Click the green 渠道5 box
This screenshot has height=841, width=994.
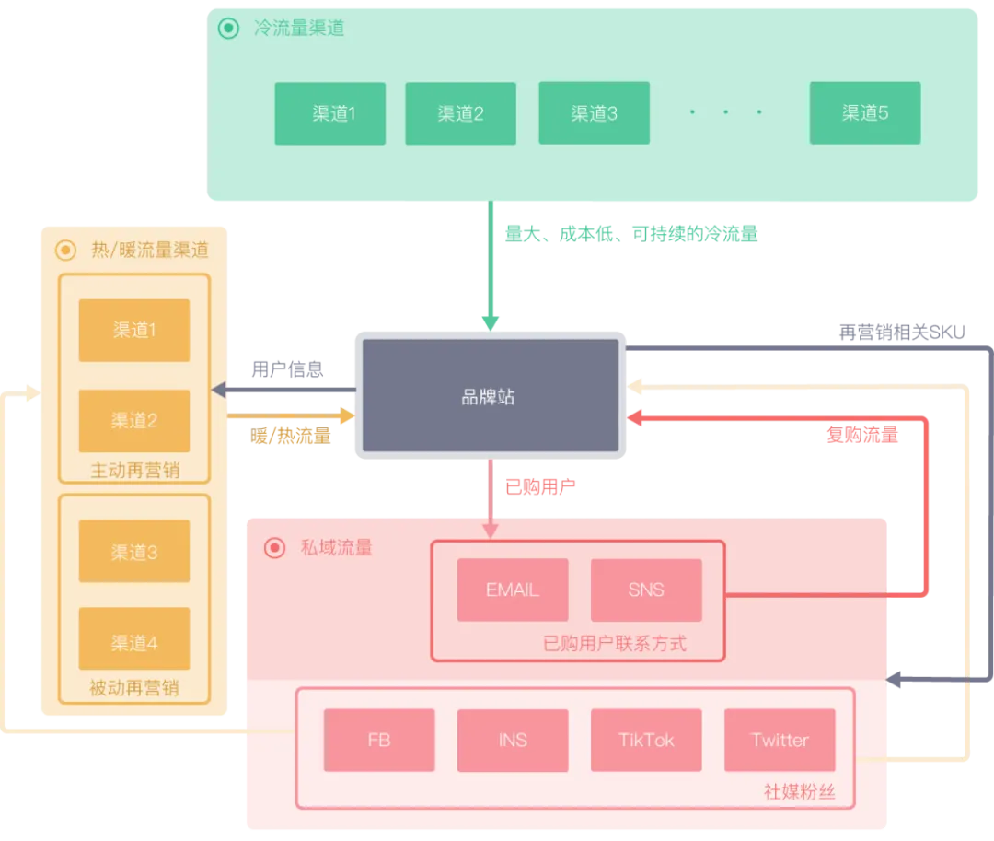[864, 113]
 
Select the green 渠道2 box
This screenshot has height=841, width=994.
[460, 113]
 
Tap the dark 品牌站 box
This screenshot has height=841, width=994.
[491, 395]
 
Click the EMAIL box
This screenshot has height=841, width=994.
[513, 590]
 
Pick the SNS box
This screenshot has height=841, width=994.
[646, 590]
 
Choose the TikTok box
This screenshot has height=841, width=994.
[646, 741]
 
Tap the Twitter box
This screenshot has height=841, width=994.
[780, 741]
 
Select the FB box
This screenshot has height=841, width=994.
[379, 741]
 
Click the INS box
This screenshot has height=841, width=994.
[513, 741]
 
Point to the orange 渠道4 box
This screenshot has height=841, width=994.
[133, 638]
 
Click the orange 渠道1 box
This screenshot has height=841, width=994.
[133, 331]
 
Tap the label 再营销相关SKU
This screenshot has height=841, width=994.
[901, 333]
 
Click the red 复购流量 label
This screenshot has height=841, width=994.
[862, 435]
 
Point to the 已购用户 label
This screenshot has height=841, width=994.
[540, 487]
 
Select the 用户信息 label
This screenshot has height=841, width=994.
[287, 369]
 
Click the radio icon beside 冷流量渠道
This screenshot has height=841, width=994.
[229, 28]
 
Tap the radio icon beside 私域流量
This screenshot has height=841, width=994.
[274, 547]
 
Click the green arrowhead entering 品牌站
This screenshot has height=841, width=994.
[490, 322]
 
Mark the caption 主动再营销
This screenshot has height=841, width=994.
[135, 471]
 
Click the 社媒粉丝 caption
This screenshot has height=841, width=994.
[800, 791]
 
